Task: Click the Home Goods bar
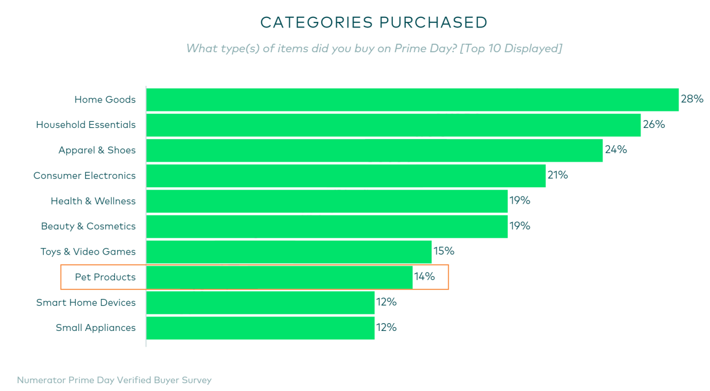(412, 100)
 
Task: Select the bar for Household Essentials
(393, 125)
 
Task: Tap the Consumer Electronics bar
(346, 176)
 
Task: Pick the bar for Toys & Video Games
(289, 252)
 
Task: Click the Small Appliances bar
(260, 328)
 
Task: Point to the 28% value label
(692, 99)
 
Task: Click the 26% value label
(653, 125)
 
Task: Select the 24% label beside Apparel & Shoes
(615, 149)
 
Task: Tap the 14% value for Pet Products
(424, 277)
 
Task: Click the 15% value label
(444, 251)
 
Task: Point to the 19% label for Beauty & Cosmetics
(520, 226)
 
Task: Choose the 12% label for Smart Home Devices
(386, 302)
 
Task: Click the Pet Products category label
(105, 277)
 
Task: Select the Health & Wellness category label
(93, 201)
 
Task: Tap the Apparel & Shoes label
(97, 150)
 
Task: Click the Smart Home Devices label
(86, 302)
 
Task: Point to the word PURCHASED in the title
(433, 22)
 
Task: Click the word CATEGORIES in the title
(317, 22)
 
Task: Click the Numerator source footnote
(114, 380)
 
